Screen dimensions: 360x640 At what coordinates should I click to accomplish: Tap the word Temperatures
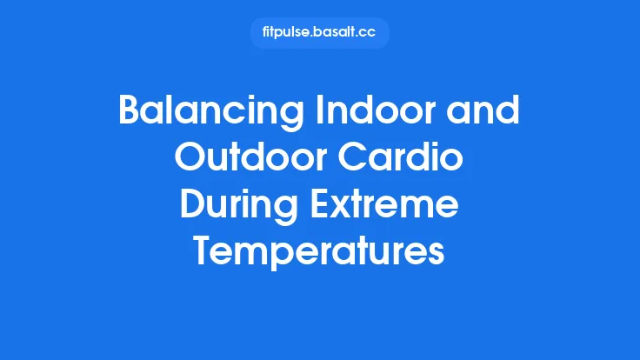click(x=320, y=253)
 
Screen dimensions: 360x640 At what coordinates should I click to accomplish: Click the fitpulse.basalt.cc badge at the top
click(x=319, y=33)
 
